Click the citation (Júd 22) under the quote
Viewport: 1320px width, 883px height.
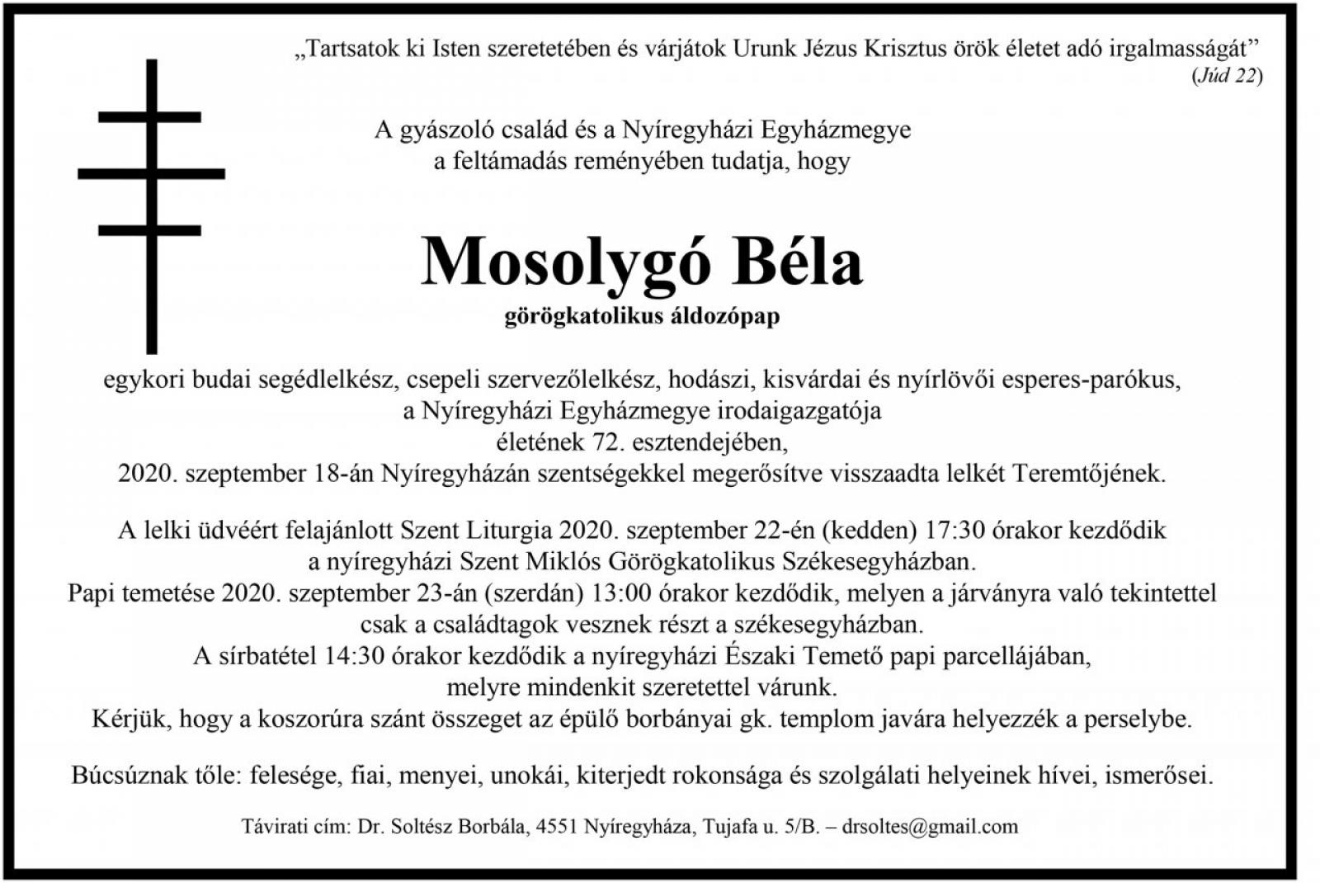(x=1226, y=76)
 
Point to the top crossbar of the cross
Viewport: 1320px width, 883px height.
(x=150, y=117)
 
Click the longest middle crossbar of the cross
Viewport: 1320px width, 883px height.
(x=151, y=173)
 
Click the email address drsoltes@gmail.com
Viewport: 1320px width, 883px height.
(x=930, y=826)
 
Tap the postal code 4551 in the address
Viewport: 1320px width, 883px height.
(x=556, y=826)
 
